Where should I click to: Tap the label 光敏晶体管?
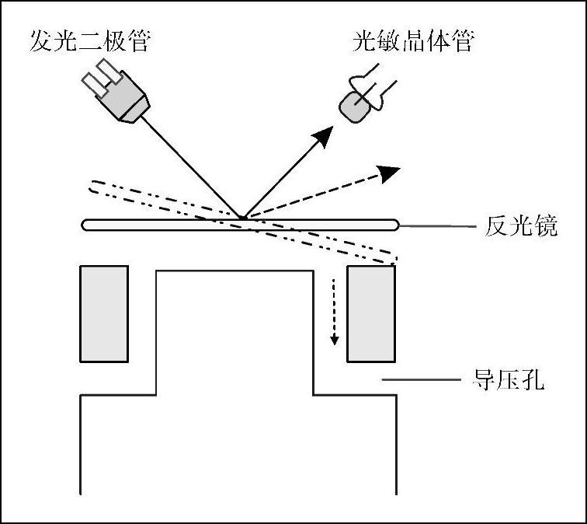tap(412, 40)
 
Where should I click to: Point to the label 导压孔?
tap(509, 381)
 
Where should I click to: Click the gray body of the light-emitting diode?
tap(127, 100)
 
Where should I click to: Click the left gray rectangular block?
tap(104, 313)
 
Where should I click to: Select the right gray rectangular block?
tap(370, 313)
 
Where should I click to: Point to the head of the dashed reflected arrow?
tap(391, 172)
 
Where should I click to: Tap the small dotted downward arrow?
tap(335, 311)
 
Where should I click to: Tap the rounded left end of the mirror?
tap(86, 225)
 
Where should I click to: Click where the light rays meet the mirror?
tap(241, 218)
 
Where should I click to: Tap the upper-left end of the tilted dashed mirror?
tap(92, 187)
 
